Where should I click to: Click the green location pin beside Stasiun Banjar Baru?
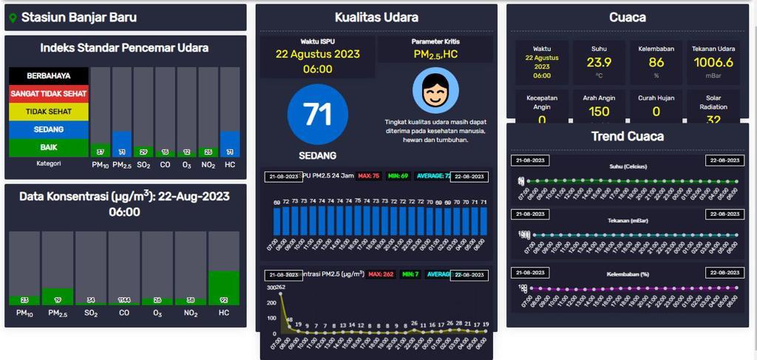pyautogui.click(x=13, y=18)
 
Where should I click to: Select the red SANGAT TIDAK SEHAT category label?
pyautogui.click(x=49, y=94)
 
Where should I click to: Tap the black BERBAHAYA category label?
pyautogui.click(x=49, y=75)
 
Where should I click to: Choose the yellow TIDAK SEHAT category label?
pyautogui.click(x=49, y=112)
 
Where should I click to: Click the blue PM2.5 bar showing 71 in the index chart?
pyautogui.click(x=122, y=143)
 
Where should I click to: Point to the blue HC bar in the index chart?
pyautogui.click(x=230, y=143)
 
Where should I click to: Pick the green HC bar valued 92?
pyautogui.click(x=224, y=288)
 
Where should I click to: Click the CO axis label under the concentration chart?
pyautogui.click(x=124, y=313)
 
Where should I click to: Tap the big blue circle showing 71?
pyautogui.click(x=317, y=115)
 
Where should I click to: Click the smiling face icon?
pyautogui.click(x=435, y=91)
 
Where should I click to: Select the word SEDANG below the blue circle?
pyautogui.click(x=317, y=156)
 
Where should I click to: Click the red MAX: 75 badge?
pyautogui.click(x=369, y=176)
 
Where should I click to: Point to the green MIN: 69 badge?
pyautogui.click(x=398, y=176)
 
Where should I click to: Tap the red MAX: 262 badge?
pyautogui.click(x=382, y=274)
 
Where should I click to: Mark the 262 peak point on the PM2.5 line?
pyautogui.click(x=280, y=293)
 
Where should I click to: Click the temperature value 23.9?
pyautogui.click(x=599, y=63)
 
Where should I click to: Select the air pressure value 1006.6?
pyautogui.click(x=713, y=63)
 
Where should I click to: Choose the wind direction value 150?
pyautogui.click(x=599, y=112)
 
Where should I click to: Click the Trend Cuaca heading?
pyautogui.click(x=628, y=136)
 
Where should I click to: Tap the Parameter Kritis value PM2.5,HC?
pyautogui.click(x=435, y=55)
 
